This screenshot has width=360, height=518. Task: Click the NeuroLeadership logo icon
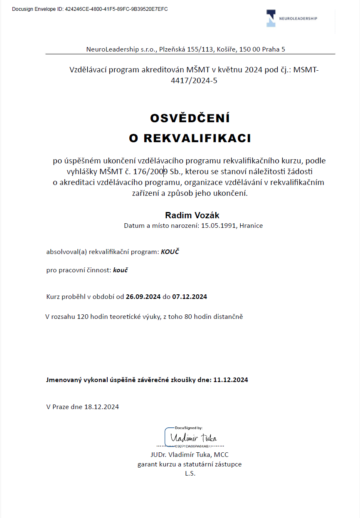tap(271, 18)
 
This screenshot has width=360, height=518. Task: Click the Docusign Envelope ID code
tap(116, 9)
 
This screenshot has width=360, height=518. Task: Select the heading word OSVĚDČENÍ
tap(190, 118)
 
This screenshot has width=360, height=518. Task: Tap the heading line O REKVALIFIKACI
tap(190, 138)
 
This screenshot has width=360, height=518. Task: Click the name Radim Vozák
tap(192, 215)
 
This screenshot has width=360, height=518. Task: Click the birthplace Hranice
tap(251, 226)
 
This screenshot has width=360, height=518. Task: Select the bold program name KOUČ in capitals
tap(170, 252)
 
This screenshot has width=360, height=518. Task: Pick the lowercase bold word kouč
tap(120, 270)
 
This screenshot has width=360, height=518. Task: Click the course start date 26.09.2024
tap(143, 296)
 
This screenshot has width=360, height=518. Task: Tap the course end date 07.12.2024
tap(190, 296)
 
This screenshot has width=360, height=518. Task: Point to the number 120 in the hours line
tap(83, 316)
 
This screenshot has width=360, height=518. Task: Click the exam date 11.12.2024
tap(230, 380)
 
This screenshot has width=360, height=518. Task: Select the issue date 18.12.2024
tap(101, 407)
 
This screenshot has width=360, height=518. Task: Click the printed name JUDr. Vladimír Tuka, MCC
tap(190, 454)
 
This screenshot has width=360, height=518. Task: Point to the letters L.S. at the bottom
tap(190, 473)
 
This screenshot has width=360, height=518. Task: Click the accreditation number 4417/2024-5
tap(194, 81)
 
